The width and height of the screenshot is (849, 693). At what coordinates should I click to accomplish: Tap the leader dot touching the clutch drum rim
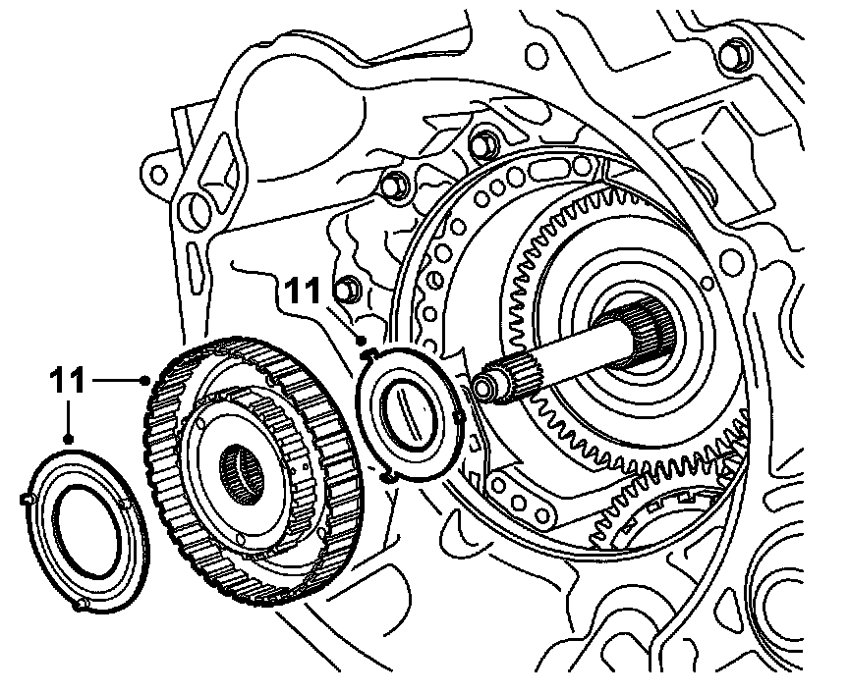coord(145,376)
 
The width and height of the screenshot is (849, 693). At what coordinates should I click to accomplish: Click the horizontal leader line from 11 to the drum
coord(115,376)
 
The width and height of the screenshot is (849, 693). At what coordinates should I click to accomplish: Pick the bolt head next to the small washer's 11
coord(345,290)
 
